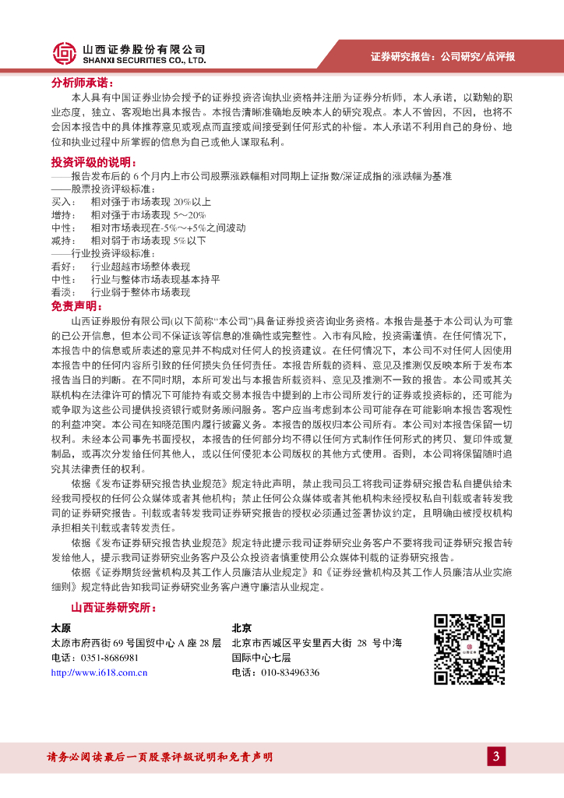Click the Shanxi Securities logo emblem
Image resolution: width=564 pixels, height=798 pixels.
click(65, 53)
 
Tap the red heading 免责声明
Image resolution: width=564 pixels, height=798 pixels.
click(76, 305)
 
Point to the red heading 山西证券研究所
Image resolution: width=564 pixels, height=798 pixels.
click(112, 607)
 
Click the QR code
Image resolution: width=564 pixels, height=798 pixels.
click(469, 649)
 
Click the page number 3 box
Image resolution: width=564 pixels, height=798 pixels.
click(496, 756)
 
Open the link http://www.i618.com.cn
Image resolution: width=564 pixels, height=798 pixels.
click(99, 673)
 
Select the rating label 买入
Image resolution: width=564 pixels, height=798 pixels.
click(62, 201)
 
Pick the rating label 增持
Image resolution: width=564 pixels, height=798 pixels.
click(62, 214)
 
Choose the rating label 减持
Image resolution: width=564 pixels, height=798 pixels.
click(62, 241)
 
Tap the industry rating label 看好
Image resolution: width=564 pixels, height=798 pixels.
click(62, 267)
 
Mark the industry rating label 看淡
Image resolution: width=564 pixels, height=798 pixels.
click(62, 292)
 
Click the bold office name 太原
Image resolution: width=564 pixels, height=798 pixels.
click(61, 628)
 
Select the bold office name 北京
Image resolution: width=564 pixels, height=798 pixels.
click(241, 628)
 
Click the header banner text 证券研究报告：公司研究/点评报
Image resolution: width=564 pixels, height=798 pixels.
click(442, 56)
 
